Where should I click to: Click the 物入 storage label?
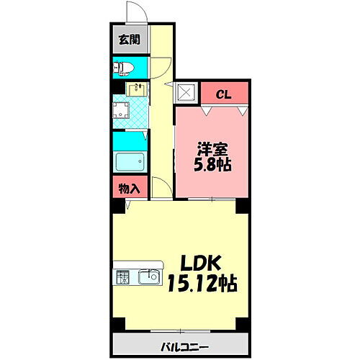coord(130,189)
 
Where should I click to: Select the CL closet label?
coord(225,93)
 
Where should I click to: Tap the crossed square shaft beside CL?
coord(186,93)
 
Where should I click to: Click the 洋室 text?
coord(214,150)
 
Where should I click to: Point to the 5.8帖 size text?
coord(214,166)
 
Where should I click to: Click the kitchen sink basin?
coord(150,276)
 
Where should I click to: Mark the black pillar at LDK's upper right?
coord(243,205)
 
